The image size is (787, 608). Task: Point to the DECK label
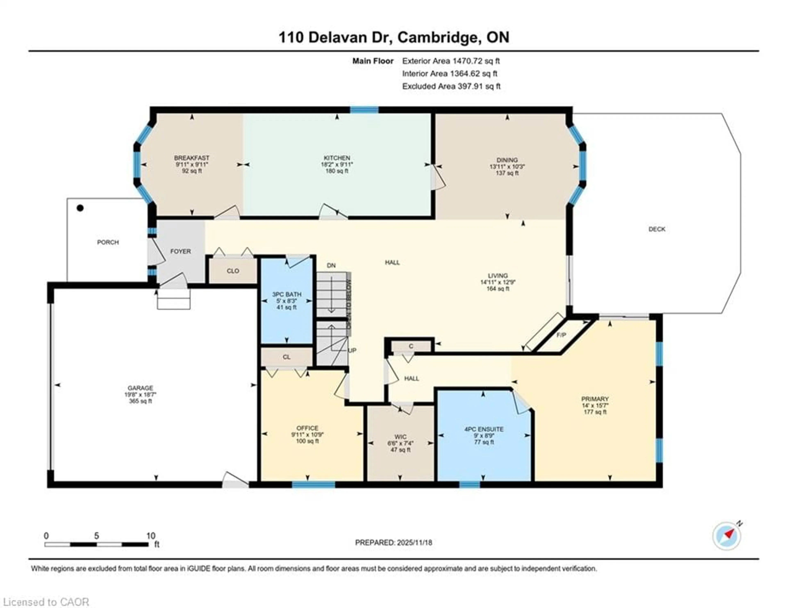point(657,229)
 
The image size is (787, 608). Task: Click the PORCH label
point(108,242)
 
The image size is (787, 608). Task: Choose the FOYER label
point(181,251)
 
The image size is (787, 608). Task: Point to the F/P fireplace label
point(561,335)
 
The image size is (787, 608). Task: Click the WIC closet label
point(400,437)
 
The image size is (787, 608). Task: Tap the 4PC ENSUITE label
point(484,429)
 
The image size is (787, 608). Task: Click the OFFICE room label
point(307,428)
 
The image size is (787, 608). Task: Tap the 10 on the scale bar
point(151,536)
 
